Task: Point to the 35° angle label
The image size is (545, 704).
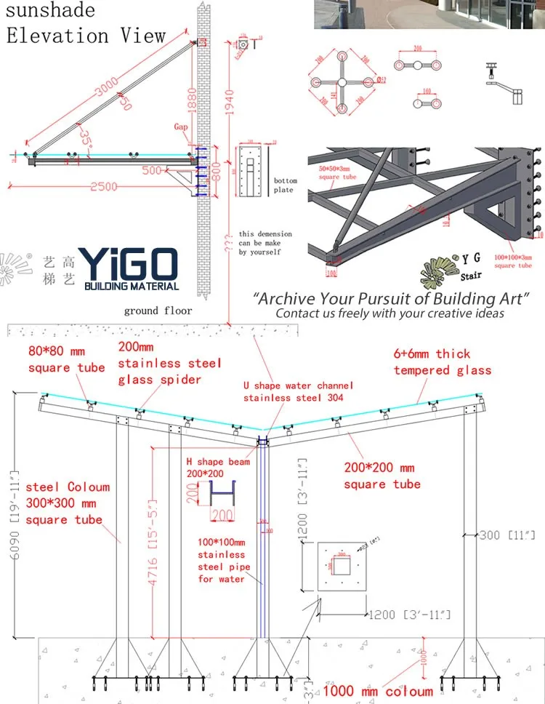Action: [x=86, y=137]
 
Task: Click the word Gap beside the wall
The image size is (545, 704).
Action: [x=180, y=127]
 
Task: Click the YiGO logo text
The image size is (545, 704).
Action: [x=127, y=262]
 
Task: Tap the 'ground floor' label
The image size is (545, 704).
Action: [x=158, y=311]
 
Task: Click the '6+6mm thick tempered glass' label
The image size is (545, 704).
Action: [x=442, y=361]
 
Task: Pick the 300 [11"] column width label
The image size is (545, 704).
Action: [x=507, y=535]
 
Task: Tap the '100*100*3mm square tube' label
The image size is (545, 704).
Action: [x=514, y=261]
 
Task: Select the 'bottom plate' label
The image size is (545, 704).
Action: [x=284, y=185]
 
